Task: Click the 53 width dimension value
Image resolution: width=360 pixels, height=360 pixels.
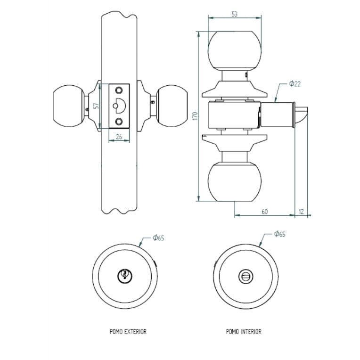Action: tap(234, 14)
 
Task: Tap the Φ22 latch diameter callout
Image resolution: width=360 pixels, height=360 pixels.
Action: tap(295, 84)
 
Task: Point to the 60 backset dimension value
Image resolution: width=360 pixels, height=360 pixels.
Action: tap(264, 212)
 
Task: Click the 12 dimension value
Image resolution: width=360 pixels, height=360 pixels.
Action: tap(302, 212)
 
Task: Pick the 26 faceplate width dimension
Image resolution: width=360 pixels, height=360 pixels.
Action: tap(119, 137)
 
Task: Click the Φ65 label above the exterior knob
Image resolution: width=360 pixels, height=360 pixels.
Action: tap(158, 238)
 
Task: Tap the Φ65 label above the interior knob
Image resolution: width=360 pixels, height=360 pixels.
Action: tap(279, 234)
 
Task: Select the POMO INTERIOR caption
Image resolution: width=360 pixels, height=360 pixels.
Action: tap(244, 332)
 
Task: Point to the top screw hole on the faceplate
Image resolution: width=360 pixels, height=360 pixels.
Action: tap(119, 90)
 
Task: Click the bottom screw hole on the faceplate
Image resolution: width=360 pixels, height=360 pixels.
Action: tap(119, 122)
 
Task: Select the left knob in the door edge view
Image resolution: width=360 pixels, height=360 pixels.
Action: tap(67, 106)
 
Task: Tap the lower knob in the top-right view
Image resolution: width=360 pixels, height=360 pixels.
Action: tap(234, 181)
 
